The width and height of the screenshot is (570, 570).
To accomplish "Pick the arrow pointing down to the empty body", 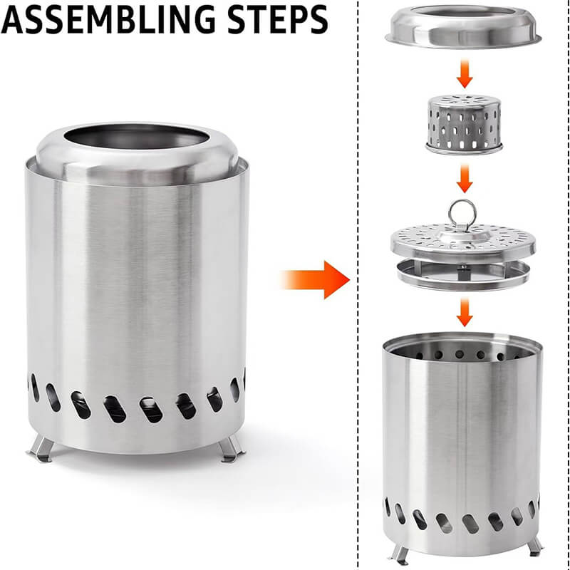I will point(464,311).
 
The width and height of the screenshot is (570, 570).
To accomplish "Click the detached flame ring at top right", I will point(464,28).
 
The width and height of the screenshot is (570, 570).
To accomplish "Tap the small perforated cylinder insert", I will point(464,122).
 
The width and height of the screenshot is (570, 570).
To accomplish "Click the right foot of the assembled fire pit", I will point(230,449).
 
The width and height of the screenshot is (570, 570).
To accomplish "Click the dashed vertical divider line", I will point(357,427).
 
